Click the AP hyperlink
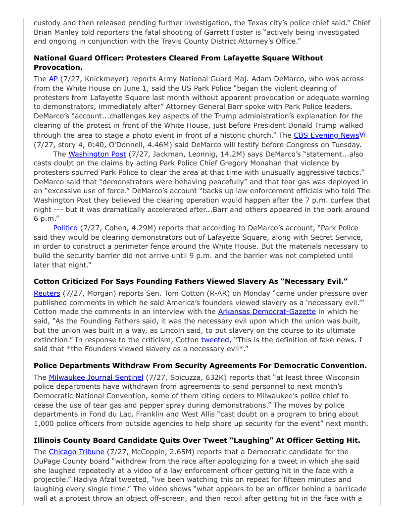(53, 79)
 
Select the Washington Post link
(97, 154)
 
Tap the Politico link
(65, 228)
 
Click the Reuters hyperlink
(47, 293)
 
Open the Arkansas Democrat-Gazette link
(267, 312)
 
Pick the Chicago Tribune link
(76, 452)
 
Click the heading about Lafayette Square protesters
(178, 62)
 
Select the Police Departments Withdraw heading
(200, 366)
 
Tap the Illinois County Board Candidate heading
(197, 440)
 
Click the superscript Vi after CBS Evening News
(362, 134)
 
